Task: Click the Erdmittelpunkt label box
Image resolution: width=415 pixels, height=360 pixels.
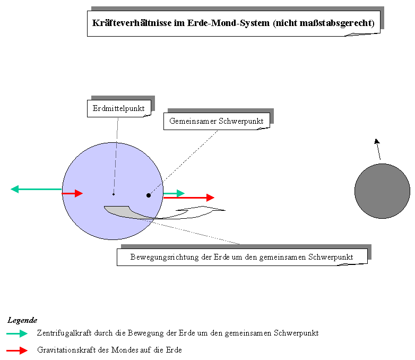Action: pyautogui.click(x=119, y=108)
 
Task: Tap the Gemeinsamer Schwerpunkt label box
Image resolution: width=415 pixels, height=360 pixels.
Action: pyautogui.click(x=217, y=121)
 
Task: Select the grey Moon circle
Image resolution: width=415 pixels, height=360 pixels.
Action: pyautogui.click(x=382, y=191)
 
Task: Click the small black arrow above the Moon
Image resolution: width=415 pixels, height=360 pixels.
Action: pyautogui.click(x=378, y=149)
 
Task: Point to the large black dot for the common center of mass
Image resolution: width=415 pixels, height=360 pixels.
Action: pyautogui.click(x=149, y=195)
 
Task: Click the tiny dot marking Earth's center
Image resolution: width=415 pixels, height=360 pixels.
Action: pyautogui.click(x=114, y=194)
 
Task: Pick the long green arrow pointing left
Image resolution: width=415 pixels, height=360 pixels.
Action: pyautogui.click(x=36, y=189)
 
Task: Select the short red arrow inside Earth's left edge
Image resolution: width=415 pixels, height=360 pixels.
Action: pyautogui.click(x=72, y=193)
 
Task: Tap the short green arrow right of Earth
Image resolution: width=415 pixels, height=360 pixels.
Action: pyautogui.click(x=174, y=193)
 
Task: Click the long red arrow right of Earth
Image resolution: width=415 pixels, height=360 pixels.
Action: pyautogui.click(x=189, y=198)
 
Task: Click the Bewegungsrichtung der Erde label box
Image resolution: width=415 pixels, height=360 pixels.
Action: pyautogui.click(x=242, y=257)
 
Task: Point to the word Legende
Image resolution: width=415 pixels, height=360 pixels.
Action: pyautogui.click(x=22, y=320)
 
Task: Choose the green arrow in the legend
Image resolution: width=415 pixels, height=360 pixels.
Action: pyautogui.click(x=17, y=333)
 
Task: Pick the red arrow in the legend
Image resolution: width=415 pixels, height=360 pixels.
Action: pyautogui.click(x=17, y=351)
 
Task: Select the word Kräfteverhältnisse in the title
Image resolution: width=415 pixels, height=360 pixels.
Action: pyautogui.click(x=132, y=23)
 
